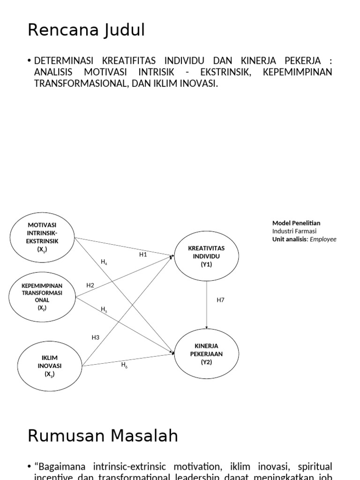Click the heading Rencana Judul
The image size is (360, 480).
[x=86, y=30]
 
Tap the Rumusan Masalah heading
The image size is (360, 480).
[x=103, y=435]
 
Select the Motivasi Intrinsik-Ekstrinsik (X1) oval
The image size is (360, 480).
[x=43, y=237]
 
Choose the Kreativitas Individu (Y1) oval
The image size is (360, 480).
[x=206, y=256]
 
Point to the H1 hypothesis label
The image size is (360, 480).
[x=143, y=255]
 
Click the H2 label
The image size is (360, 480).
[x=90, y=285]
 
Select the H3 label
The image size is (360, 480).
[x=96, y=337]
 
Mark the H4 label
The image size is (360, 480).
[x=104, y=262]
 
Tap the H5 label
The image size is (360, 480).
[x=104, y=309]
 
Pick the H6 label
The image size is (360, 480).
[x=124, y=365]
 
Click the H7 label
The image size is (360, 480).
[x=220, y=300]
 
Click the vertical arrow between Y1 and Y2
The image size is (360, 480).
[x=206, y=305]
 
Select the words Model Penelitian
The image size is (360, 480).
[x=296, y=223]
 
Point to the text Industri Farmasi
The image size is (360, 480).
[x=294, y=231]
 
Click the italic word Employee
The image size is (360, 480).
[x=323, y=239]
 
